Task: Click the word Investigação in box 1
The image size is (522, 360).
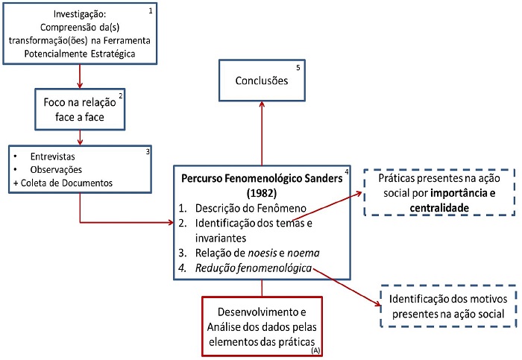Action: pyautogui.click(x=73, y=14)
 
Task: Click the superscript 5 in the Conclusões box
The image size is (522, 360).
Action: pyautogui.click(x=298, y=69)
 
